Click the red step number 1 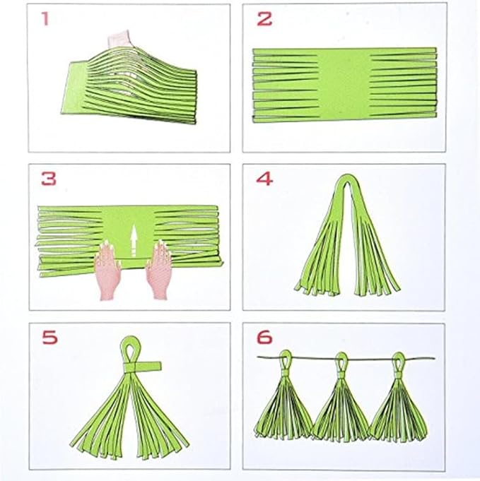tap(46, 19)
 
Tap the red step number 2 tap(264, 19)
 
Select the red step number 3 tap(48, 179)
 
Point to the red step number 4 tap(264, 179)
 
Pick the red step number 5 tap(49, 338)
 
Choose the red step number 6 tap(264, 338)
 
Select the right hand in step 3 tap(158, 272)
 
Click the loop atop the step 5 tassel tap(131, 349)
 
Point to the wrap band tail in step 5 tap(151, 367)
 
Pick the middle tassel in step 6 tap(340, 406)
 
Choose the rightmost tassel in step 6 tap(397, 406)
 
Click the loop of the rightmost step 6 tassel tap(397, 358)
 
